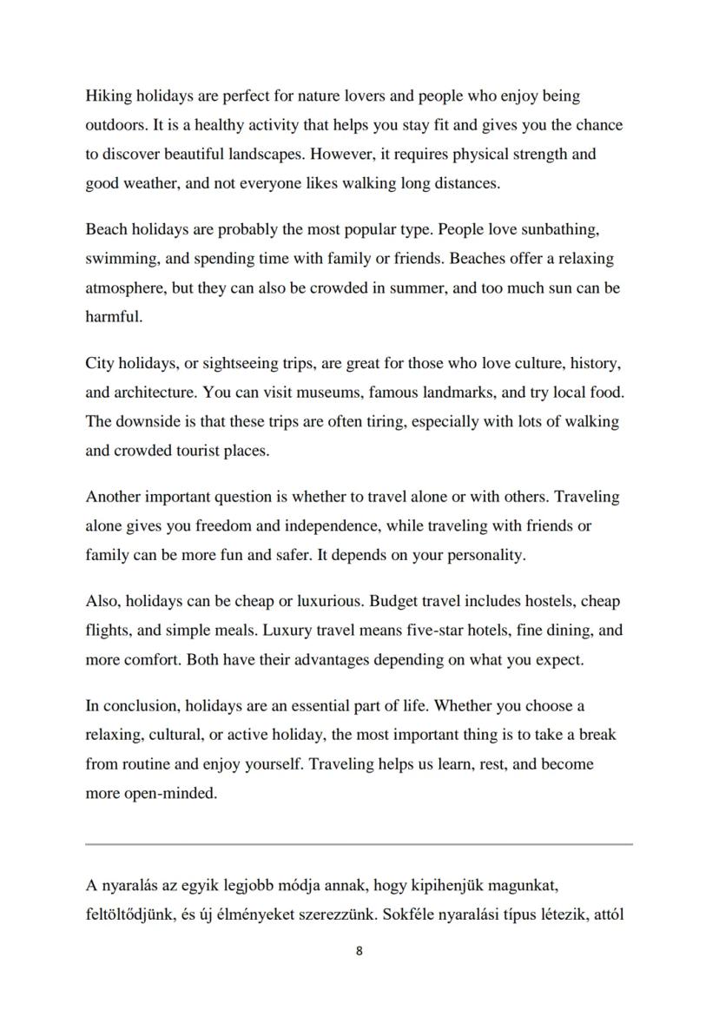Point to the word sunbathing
click(x=554, y=229)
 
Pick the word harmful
click(x=113, y=316)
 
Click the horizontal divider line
click(x=359, y=843)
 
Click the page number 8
click(x=359, y=951)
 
